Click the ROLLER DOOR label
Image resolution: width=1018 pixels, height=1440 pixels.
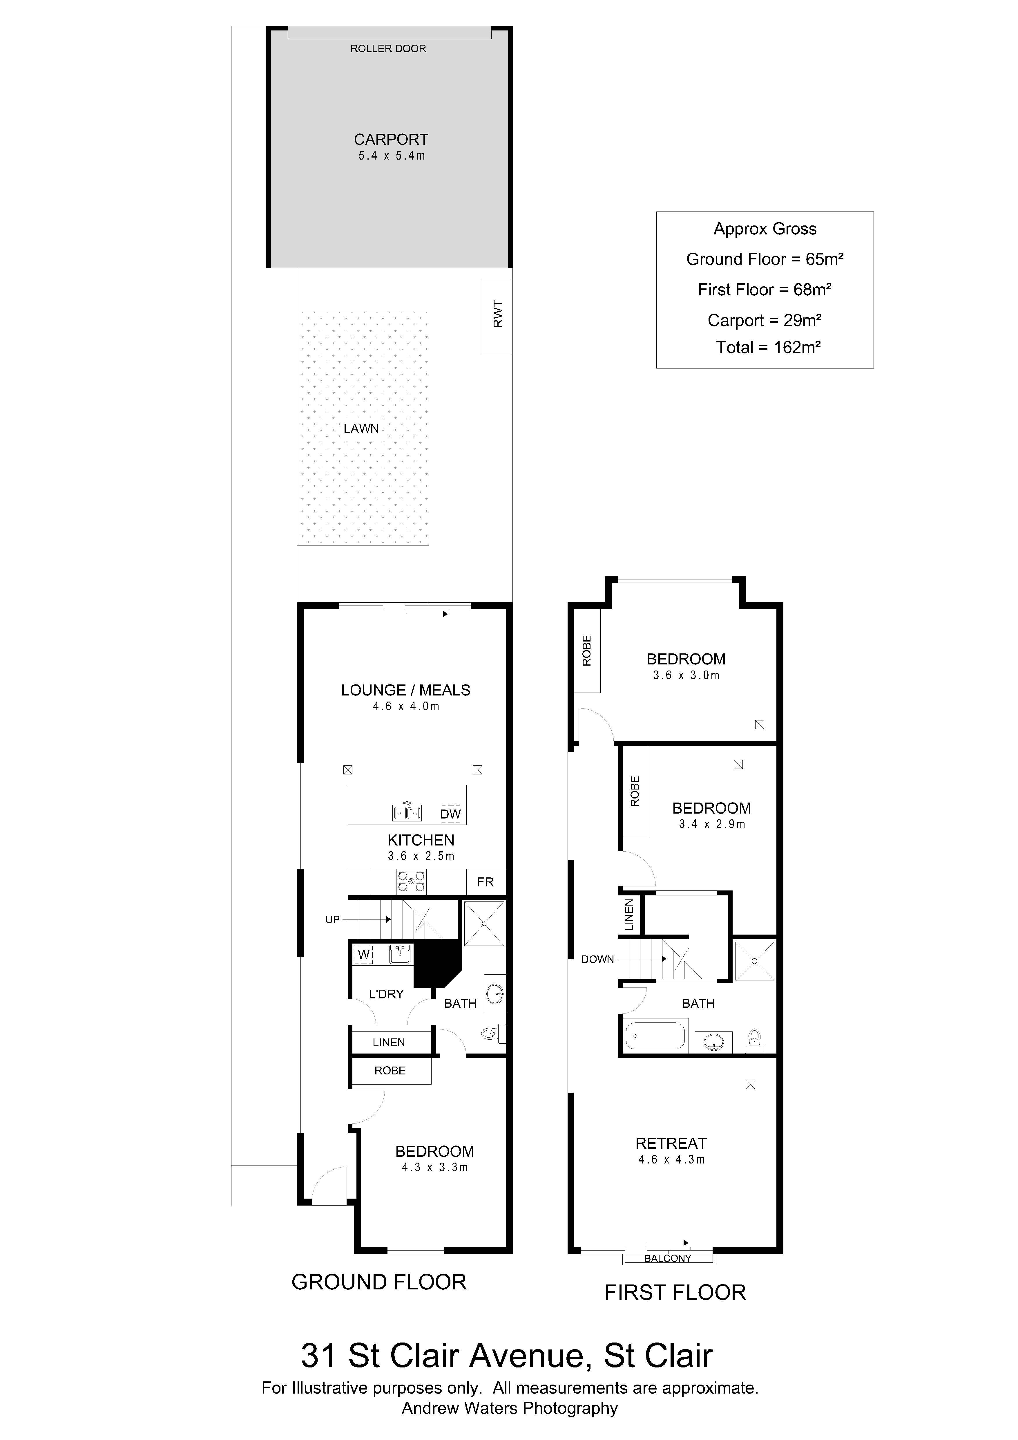(388, 48)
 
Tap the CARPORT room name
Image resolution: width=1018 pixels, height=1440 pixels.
(391, 139)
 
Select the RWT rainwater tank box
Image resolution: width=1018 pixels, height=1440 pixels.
(497, 315)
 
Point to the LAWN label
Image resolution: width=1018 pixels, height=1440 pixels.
(361, 428)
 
